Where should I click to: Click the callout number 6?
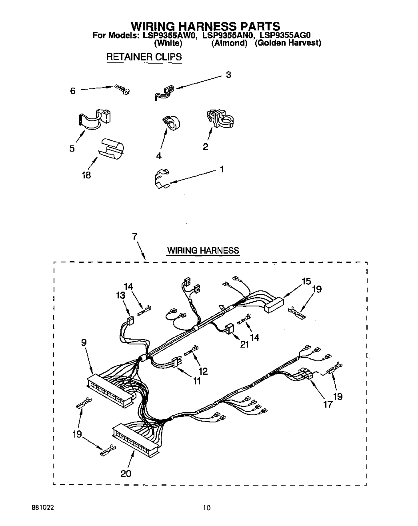(x=72, y=91)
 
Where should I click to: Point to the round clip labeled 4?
(x=171, y=123)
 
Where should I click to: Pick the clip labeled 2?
(x=220, y=119)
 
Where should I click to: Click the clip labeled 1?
(x=161, y=179)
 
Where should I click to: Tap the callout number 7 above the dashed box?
(x=135, y=237)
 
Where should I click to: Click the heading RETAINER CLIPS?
(x=144, y=57)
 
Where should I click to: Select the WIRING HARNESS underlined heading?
(x=203, y=251)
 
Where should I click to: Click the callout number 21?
(x=244, y=344)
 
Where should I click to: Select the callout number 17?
(x=328, y=404)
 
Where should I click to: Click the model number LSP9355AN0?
(x=227, y=36)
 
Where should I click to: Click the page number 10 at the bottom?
(x=206, y=508)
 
